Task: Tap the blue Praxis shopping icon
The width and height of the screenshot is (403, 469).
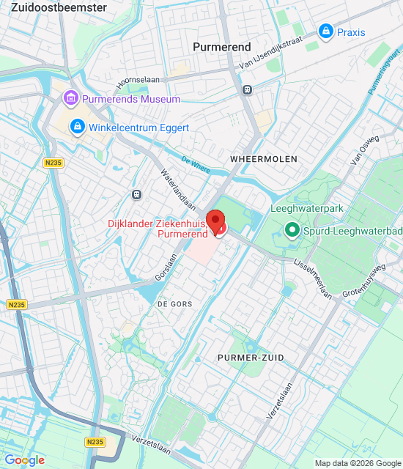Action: (x=325, y=32)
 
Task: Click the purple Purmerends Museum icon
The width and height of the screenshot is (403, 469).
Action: (x=71, y=97)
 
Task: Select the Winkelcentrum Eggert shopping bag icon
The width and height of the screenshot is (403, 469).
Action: (x=77, y=128)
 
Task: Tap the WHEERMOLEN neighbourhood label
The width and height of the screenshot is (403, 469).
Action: (x=254, y=158)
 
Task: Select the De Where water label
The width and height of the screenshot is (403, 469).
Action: (x=196, y=164)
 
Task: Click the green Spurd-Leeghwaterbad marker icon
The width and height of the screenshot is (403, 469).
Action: (x=292, y=232)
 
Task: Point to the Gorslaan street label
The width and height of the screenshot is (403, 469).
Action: (x=166, y=268)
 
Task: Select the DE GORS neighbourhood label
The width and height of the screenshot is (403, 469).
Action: (x=173, y=303)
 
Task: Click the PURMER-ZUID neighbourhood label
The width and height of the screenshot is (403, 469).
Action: (x=251, y=357)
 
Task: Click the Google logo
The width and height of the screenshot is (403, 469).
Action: (x=24, y=460)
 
